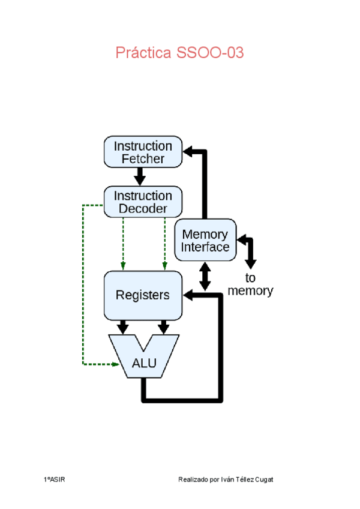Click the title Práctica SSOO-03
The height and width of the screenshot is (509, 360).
[179, 53]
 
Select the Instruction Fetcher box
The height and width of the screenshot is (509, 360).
[143, 152]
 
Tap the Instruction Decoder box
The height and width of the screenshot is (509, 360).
[143, 202]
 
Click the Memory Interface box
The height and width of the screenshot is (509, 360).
[205, 240]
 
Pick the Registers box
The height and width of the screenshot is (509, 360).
[143, 295]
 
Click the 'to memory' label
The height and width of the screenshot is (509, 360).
[250, 285]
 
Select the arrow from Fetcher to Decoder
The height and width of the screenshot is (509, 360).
[140, 176]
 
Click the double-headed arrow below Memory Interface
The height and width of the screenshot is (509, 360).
[205, 276]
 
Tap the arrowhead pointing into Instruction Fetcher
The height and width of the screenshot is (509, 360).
[188, 152]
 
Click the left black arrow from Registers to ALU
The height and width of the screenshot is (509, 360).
[123, 327]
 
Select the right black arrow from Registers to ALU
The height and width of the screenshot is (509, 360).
[163, 327]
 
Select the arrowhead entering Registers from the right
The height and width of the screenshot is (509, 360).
[188, 295]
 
